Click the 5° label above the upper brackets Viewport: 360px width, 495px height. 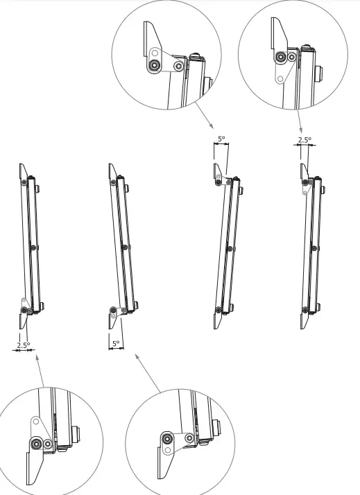coord(221,139)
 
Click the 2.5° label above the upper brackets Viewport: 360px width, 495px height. coord(304,139)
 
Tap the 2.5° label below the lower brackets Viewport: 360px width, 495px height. coord(23,344)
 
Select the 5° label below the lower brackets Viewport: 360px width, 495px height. coord(115,343)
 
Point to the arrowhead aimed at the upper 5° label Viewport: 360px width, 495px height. coord(212,126)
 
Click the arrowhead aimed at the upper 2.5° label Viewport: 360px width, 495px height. coord(300,130)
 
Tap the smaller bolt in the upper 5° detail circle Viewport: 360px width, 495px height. coord(179,67)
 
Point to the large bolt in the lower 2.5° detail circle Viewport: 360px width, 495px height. coord(36,444)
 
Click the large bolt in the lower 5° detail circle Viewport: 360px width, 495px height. coord(167,437)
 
